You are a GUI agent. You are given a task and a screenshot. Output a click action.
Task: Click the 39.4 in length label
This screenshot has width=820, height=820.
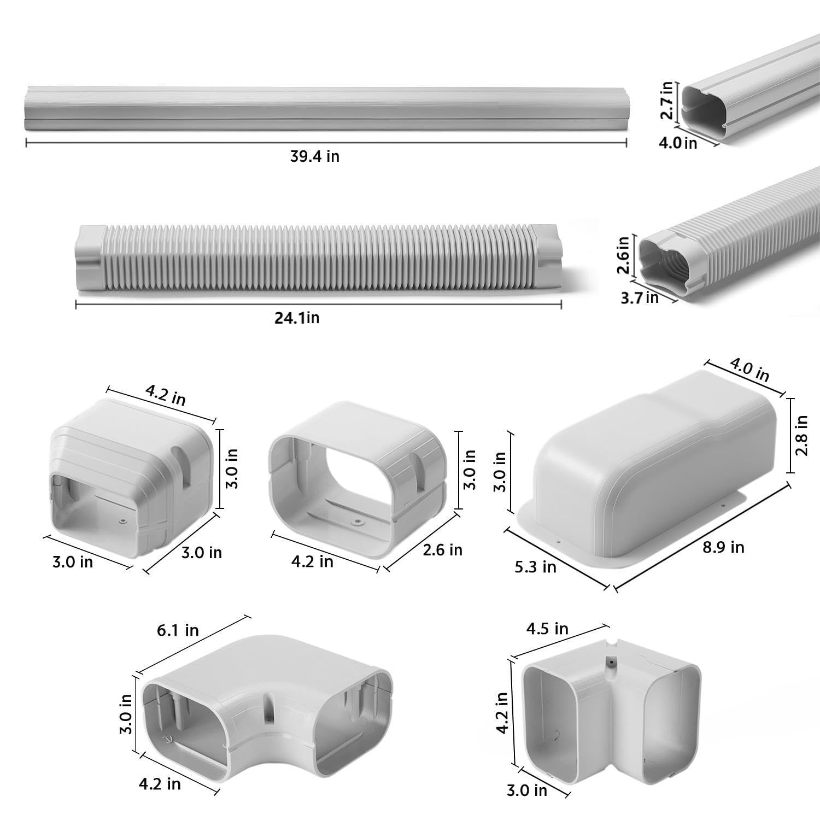click(x=314, y=156)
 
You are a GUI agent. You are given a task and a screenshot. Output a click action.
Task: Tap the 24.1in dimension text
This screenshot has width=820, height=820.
click(x=297, y=318)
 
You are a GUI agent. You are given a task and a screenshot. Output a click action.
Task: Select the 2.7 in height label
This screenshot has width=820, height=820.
click(x=666, y=101)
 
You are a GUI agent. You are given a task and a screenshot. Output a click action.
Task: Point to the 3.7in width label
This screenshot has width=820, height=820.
click(x=639, y=297)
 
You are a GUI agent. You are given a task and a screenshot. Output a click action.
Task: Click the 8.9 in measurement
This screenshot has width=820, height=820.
click(x=723, y=547)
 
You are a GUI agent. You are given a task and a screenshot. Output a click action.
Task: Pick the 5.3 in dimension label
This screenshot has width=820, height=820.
click(x=535, y=567)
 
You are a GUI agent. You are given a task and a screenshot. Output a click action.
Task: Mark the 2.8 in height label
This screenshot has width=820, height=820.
click(x=801, y=436)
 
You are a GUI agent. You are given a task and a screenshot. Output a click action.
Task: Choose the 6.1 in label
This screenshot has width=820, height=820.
click(x=178, y=630)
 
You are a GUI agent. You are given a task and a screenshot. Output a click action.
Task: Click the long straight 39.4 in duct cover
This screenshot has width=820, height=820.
click(x=325, y=108)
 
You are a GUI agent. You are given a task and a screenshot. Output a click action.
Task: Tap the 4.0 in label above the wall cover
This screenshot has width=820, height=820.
click(x=749, y=371)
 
